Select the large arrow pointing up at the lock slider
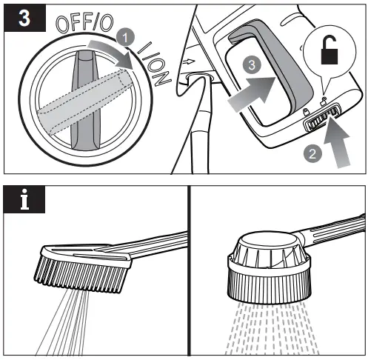(x=337, y=144)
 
